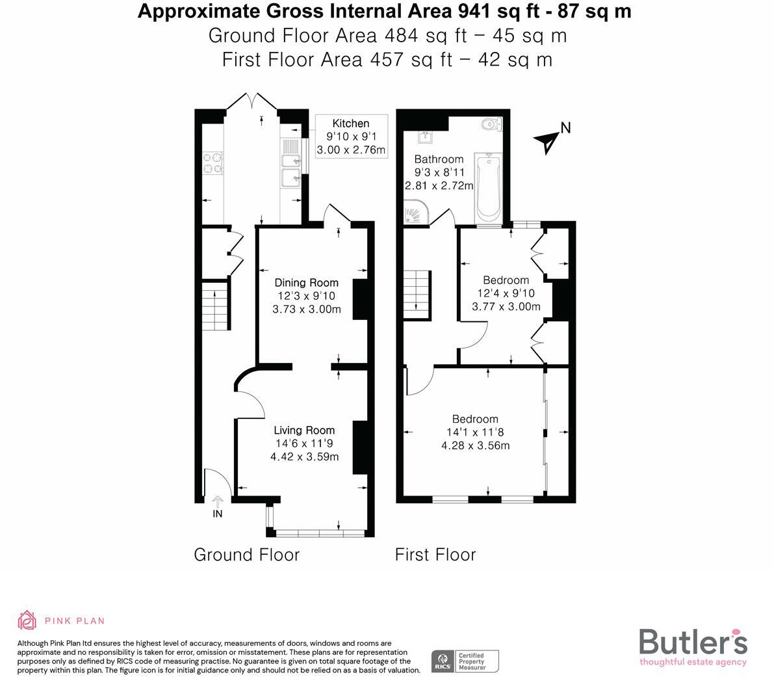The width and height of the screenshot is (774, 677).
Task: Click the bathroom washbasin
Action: tap(425, 137)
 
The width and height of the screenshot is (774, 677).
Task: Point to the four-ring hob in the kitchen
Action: tap(213, 163)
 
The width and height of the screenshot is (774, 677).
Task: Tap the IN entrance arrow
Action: tap(218, 502)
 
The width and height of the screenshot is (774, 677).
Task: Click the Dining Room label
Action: tap(306, 282)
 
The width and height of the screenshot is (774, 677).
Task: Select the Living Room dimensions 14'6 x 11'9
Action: tap(304, 444)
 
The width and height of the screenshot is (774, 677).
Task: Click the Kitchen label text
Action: tap(350, 124)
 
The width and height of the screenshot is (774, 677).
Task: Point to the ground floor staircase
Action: tap(213, 306)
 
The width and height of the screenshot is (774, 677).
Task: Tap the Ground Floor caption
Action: tap(246, 555)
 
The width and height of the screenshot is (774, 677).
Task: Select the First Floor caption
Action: tap(435, 555)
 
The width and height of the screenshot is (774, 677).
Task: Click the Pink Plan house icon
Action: tap(27, 620)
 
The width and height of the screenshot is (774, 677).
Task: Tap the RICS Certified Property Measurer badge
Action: tap(465, 661)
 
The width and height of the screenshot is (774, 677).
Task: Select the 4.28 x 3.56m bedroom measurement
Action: tap(475, 445)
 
